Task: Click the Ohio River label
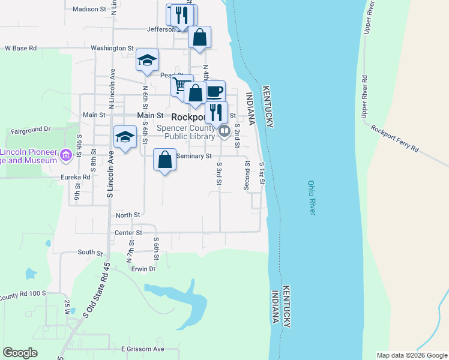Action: (311, 198)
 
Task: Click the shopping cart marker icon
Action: (181, 85)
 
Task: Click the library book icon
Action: (224, 130)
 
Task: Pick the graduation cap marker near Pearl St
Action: (147, 60)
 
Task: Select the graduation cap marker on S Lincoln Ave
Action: (125, 137)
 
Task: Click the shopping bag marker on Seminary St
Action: (165, 160)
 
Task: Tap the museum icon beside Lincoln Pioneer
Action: (66, 156)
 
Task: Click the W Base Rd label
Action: (21, 48)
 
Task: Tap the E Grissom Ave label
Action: (142, 349)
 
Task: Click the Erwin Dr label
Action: (143, 269)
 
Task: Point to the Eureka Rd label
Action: (75, 178)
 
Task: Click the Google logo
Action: (20, 353)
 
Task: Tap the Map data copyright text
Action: (412, 355)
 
